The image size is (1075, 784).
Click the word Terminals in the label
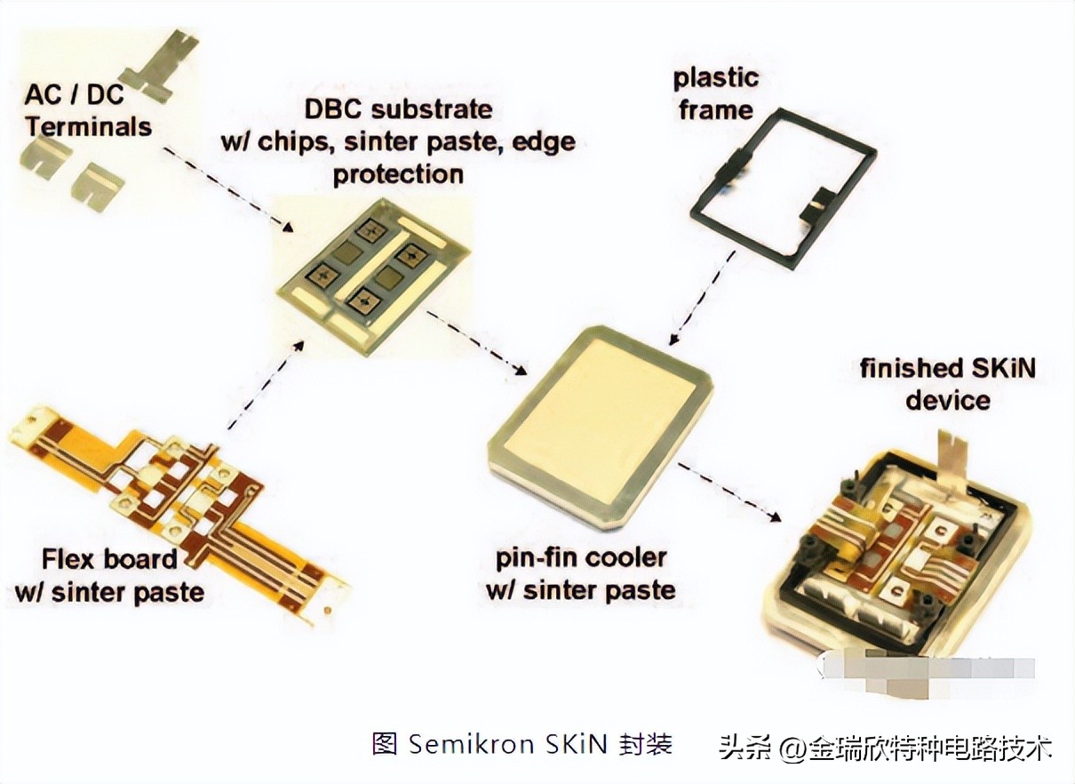pyautogui.click(x=89, y=125)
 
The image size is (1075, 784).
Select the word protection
pyautogui.click(x=398, y=173)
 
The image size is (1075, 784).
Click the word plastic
pyautogui.click(x=715, y=78)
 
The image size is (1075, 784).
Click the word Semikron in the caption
pyautogui.click(x=458, y=744)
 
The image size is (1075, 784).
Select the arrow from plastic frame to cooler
pyautogui.click(x=702, y=298)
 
